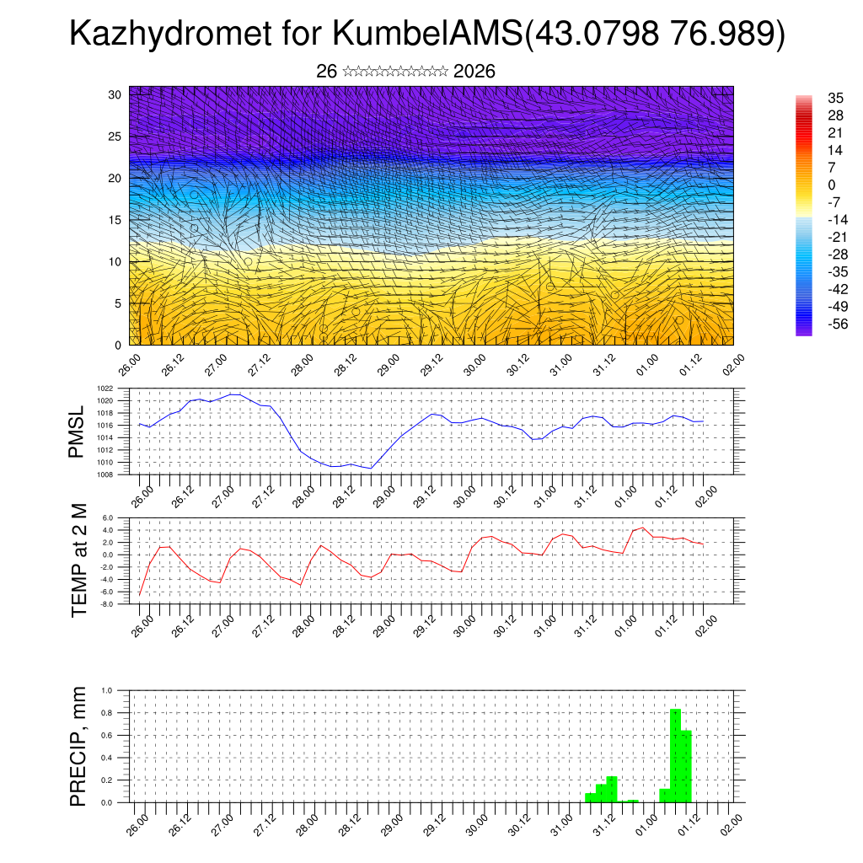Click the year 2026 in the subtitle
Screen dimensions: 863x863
click(x=474, y=72)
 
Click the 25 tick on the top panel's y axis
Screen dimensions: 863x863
click(x=115, y=137)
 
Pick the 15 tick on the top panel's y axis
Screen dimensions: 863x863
click(x=115, y=220)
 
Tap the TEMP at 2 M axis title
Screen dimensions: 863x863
click(x=79, y=560)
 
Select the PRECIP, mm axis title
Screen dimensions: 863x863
click(x=79, y=746)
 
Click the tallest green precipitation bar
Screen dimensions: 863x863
click(x=675, y=755)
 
